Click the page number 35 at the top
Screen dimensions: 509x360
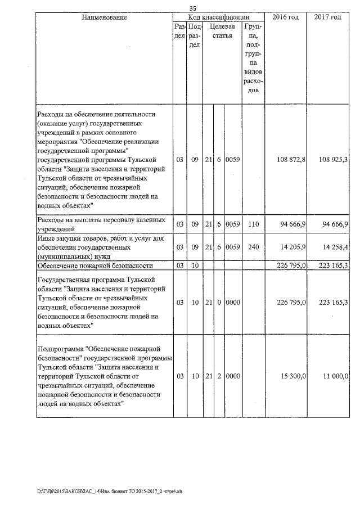click(192, 8)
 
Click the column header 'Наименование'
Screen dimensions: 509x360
click(105, 17)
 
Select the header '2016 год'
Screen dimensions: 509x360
click(285, 17)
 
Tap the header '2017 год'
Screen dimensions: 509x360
click(327, 17)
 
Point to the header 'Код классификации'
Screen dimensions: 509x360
click(219, 17)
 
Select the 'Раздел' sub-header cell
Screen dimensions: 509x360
click(180, 31)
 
